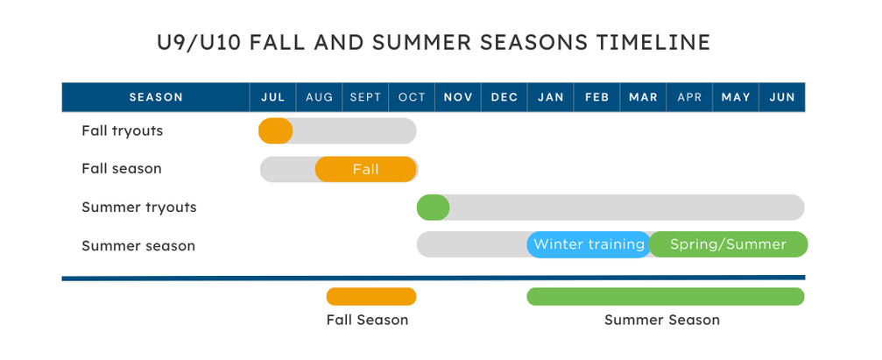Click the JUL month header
(272, 97)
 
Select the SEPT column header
(365, 97)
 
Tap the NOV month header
(458, 97)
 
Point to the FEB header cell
(596, 97)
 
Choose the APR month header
(689, 97)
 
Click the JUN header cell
(782, 97)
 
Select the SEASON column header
(156, 97)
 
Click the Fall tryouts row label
(122, 131)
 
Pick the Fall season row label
(122, 169)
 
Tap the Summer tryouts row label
(139, 208)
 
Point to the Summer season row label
(138, 246)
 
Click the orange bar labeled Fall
(365, 169)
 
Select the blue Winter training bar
(589, 244)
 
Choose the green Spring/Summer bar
(728, 244)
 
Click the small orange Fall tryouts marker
(276, 131)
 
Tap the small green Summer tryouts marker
(434, 208)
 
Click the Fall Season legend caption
(367, 320)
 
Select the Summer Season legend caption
(662, 320)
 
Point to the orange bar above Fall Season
(371, 296)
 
